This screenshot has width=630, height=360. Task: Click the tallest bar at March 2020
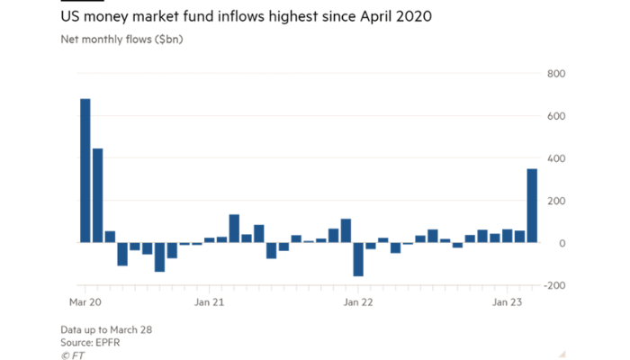tap(85, 171)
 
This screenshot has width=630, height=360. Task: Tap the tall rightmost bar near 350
tap(532, 206)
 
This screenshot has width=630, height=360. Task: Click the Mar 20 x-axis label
tap(85, 303)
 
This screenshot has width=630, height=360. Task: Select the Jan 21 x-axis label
tap(209, 303)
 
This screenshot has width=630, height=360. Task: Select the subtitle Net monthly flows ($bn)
tap(121, 40)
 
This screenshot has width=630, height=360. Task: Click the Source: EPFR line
tap(91, 343)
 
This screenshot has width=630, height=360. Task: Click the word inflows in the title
tap(238, 17)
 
